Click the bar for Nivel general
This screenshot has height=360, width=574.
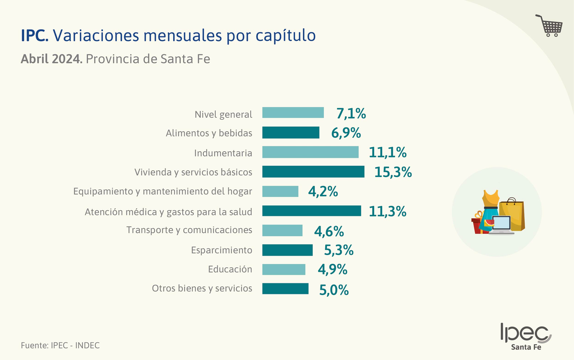point(293,113)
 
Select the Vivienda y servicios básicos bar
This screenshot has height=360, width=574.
point(313,172)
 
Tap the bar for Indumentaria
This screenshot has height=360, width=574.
point(310,152)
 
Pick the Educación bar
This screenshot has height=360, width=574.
point(284,270)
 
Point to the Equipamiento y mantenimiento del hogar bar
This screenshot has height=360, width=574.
point(280,191)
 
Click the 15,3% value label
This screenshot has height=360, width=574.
point(393,172)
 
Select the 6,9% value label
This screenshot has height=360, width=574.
point(346,133)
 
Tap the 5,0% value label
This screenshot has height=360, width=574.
point(334,290)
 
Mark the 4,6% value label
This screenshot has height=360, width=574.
point(329,231)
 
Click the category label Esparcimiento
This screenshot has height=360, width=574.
point(221,250)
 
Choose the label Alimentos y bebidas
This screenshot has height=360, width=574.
point(209,133)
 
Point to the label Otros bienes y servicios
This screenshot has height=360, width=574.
point(202,289)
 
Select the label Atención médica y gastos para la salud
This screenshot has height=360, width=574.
point(168,211)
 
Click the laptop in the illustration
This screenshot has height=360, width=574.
point(500,225)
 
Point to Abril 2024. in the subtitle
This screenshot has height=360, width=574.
point(52,60)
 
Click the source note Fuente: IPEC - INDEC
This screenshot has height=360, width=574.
point(60,345)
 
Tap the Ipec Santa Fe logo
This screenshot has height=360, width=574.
point(525,337)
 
